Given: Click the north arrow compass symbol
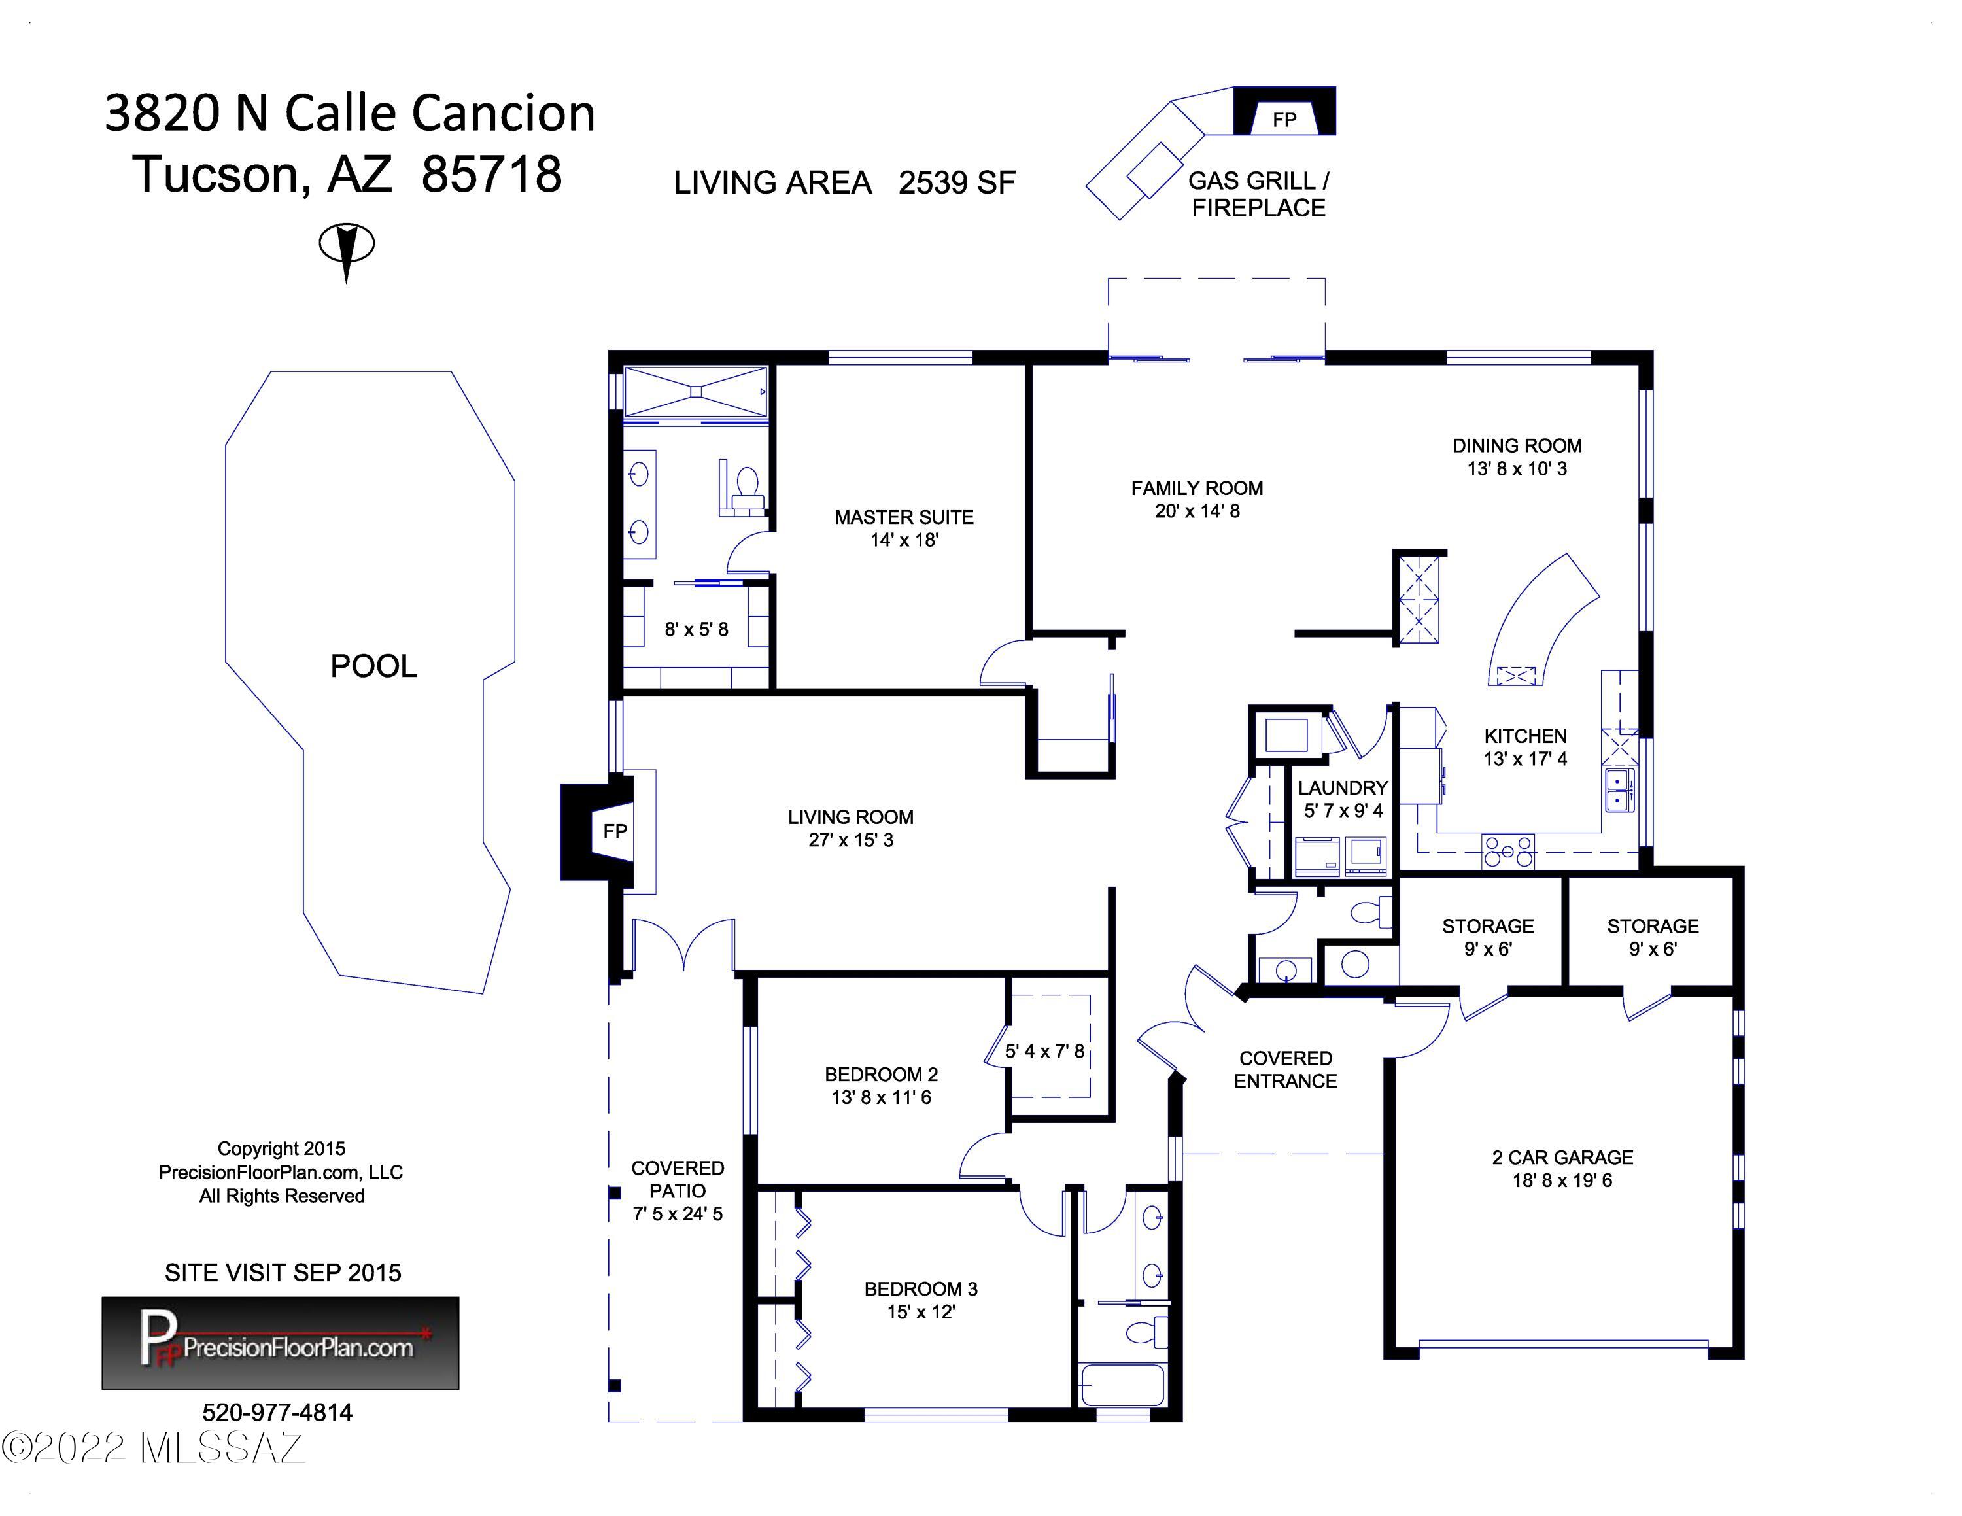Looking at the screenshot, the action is click(347, 250).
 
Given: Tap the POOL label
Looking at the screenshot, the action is click(373, 666).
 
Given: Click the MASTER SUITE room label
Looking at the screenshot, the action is click(904, 517).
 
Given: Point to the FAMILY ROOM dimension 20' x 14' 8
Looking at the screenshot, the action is click(1197, 511).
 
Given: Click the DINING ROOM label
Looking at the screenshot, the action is click(1517, 445).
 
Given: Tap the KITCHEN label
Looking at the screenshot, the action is click(1525, 736).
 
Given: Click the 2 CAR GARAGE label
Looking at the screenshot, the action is click(1562, 1158).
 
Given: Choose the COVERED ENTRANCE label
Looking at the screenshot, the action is click(1286, 1070).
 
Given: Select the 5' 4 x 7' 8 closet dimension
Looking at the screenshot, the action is click(1045, 1051).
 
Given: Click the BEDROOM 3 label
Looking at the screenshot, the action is click(921, 1290).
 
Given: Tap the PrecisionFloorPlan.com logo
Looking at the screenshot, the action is click(281, 1343).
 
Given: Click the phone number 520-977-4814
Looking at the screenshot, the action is click(277, 1413).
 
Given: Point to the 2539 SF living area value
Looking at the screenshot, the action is click(957, 182).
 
